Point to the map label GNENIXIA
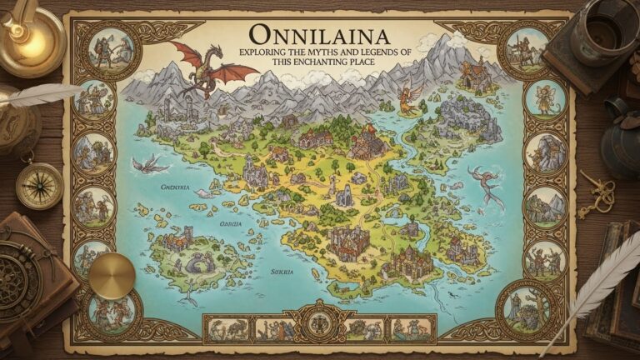pos(174,188)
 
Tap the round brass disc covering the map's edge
pos(112,275)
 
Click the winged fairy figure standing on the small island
pos(407,100)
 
